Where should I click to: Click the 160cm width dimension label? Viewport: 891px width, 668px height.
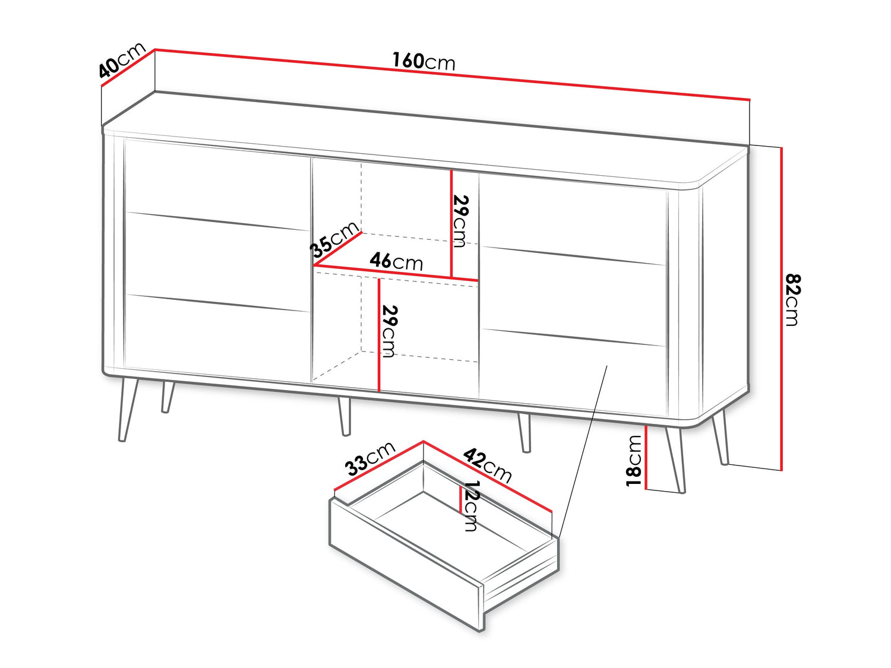[x=424, y=62]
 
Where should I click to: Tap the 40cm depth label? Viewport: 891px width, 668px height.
[x=122, y=59]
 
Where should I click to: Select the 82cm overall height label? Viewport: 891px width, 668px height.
[x=792, y=300]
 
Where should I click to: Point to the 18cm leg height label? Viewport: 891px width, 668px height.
[x=634, y=460]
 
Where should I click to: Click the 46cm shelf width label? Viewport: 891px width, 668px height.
[x=396, y=262]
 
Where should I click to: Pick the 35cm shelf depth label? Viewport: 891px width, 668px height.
[x=334, y=240]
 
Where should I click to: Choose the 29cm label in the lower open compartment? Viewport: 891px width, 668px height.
[x=390, y=331]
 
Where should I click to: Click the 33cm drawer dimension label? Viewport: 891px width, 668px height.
[x=370, y=459]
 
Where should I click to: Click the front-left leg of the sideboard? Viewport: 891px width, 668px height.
[x=128, y=410]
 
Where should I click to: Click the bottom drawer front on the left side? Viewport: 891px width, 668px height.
[x=217, y=337]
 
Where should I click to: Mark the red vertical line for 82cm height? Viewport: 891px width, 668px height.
[x=781, y=309]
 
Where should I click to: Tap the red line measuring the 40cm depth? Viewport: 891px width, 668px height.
[x=128, y=68]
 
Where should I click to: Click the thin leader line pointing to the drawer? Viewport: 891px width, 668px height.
[x=583, y=452]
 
